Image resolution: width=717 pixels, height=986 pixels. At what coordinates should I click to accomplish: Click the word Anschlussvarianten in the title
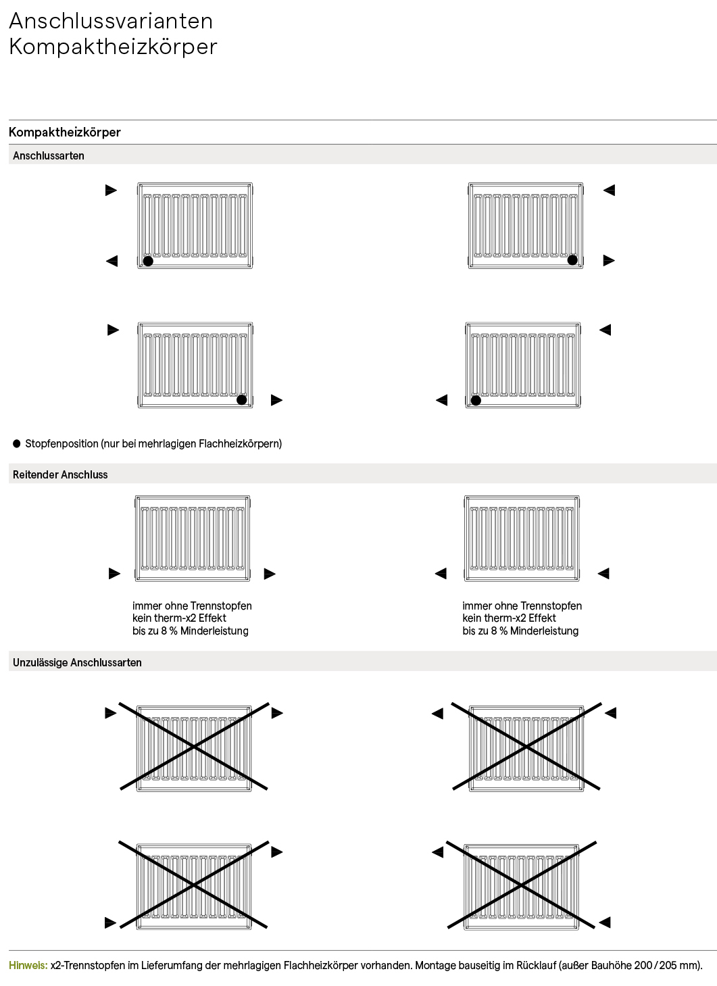click(111, 21)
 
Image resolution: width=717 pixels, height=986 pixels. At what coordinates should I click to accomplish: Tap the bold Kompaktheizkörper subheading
click(65, 132)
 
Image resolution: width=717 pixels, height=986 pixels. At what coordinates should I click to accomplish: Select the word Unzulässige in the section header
click(40, 663)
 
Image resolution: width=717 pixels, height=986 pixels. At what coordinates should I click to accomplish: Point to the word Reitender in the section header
click(35, 475)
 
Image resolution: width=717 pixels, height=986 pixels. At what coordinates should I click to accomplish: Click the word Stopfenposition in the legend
click(61, 444)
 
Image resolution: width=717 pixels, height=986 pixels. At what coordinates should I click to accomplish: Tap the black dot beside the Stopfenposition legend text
click(17, 444)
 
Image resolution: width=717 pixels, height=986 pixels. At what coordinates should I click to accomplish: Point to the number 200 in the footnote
click(645, 966)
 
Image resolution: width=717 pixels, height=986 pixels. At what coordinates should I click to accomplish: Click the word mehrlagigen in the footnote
click(253, 966)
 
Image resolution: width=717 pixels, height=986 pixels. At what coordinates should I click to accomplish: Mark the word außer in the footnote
click(576, 966)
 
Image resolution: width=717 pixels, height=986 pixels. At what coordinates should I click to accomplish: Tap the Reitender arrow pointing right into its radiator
click(114, 574)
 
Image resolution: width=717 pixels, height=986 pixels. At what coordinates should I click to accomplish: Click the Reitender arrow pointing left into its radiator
click(603, 574)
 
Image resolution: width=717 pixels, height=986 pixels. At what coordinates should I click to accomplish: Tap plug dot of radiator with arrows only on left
click(148, 262)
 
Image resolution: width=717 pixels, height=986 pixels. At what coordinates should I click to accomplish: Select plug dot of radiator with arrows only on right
click(572, 260)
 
